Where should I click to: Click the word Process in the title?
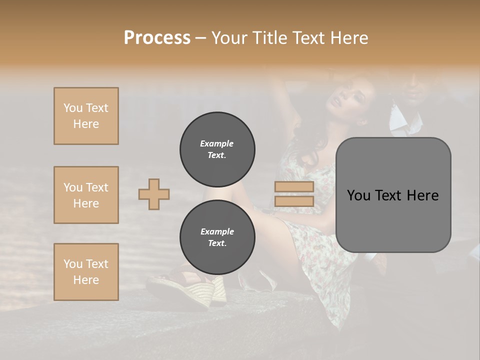[157, 38]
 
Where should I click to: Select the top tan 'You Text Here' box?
[86, 116]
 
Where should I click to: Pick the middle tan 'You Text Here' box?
[86, 195]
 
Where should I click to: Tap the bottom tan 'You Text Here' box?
[86, 272]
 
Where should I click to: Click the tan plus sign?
[154, 194]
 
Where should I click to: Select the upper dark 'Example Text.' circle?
[217, 149]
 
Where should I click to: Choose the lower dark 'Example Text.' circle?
[217, 237]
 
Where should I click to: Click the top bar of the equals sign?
[294, 187]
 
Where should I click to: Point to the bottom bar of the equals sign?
[294, 201]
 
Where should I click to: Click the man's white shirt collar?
[400, 117]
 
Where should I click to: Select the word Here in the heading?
[348, 38]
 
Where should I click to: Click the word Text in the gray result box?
[392, 195]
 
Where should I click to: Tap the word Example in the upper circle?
[216, 143]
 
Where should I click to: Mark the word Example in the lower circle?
[217, 231]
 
